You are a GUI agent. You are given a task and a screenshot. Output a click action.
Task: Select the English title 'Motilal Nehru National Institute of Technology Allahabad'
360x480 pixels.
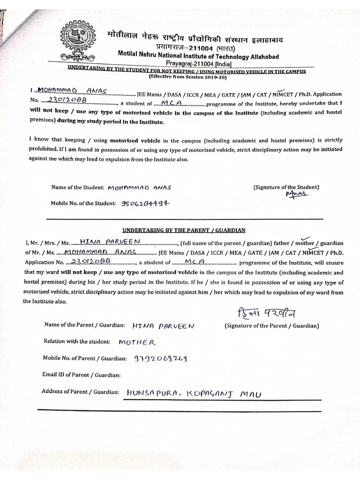coord(198,56)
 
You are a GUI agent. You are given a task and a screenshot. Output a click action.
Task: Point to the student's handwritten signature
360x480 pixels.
coord(296,195)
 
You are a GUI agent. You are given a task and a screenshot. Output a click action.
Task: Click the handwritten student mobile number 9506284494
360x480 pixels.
coord(145,203)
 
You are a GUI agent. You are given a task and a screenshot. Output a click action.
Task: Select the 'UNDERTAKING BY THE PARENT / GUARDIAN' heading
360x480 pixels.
coord(184,231)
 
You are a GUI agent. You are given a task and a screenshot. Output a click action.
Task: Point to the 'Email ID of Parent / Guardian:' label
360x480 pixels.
coord(82,375)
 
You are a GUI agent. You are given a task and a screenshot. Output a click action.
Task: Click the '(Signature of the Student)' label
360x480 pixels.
coord(286,187)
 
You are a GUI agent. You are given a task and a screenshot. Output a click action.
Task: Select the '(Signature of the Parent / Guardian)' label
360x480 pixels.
coord(272,325)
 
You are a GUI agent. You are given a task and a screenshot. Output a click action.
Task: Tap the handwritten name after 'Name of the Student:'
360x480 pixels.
coord(140,187)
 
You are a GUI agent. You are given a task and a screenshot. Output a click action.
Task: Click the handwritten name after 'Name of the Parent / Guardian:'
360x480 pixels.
coord(163,325)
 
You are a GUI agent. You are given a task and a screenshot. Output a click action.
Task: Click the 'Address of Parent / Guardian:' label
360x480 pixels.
coord(81,391)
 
